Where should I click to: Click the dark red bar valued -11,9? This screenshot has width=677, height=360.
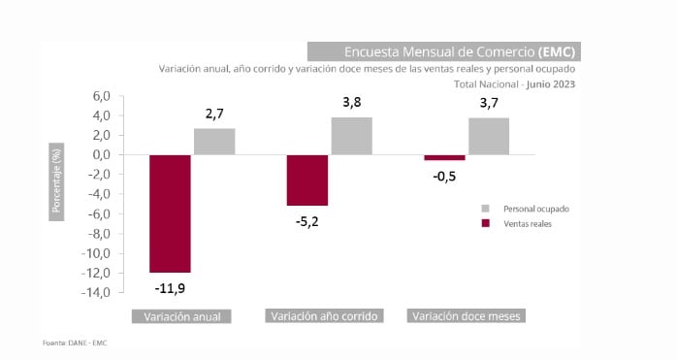click(170, 213)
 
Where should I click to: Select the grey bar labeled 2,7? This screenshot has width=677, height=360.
click(214, 142)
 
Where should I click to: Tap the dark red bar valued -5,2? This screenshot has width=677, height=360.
click(306, 180)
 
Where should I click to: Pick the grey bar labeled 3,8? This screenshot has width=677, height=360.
click(351, 136)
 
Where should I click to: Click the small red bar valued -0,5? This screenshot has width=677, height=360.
click(444, 157)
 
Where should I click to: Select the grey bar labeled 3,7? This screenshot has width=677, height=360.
click(488, 137)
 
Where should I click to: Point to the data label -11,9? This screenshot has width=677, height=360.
click(170, 288)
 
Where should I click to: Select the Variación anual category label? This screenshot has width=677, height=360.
click(181, 316)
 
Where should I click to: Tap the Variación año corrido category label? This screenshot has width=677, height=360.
click(325, 316)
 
